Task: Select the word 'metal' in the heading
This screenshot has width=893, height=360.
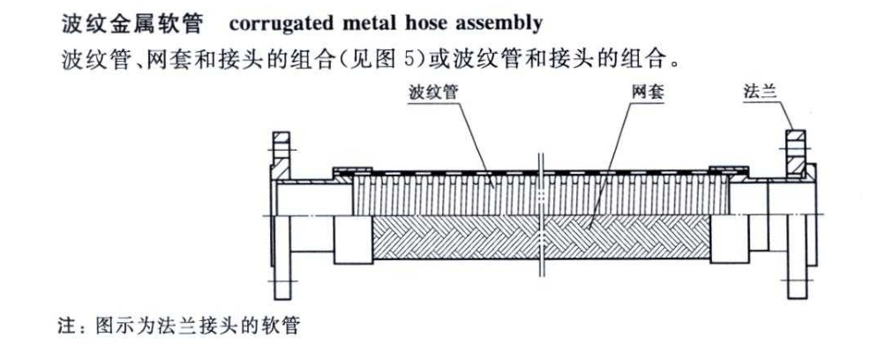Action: pos(355,19)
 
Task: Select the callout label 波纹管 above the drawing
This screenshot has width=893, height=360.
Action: pos(431,91)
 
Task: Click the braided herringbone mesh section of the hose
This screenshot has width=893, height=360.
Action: pos(459,236)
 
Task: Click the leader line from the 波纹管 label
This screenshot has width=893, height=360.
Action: pos(468,141)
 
